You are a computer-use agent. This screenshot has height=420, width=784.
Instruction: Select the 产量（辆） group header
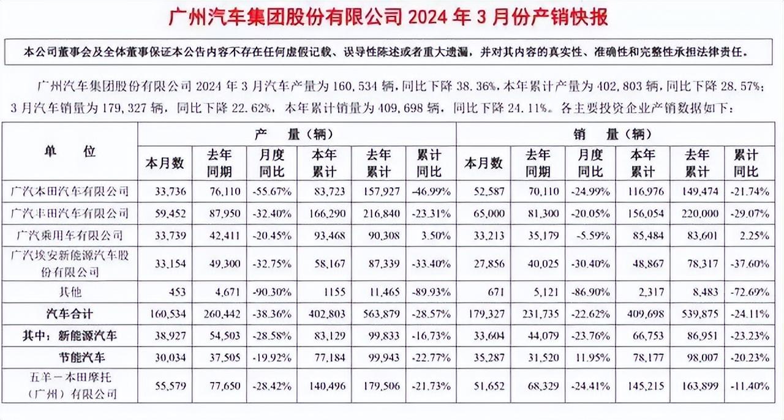point(297,134)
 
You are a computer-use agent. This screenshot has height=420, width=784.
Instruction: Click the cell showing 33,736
point(164,191)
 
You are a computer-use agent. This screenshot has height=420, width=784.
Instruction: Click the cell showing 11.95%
point(591,357)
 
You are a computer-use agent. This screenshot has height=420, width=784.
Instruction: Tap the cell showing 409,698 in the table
point(642,313)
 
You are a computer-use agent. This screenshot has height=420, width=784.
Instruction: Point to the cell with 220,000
point(696,213)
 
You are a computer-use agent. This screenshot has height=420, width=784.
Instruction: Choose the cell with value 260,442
point(217,313)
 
